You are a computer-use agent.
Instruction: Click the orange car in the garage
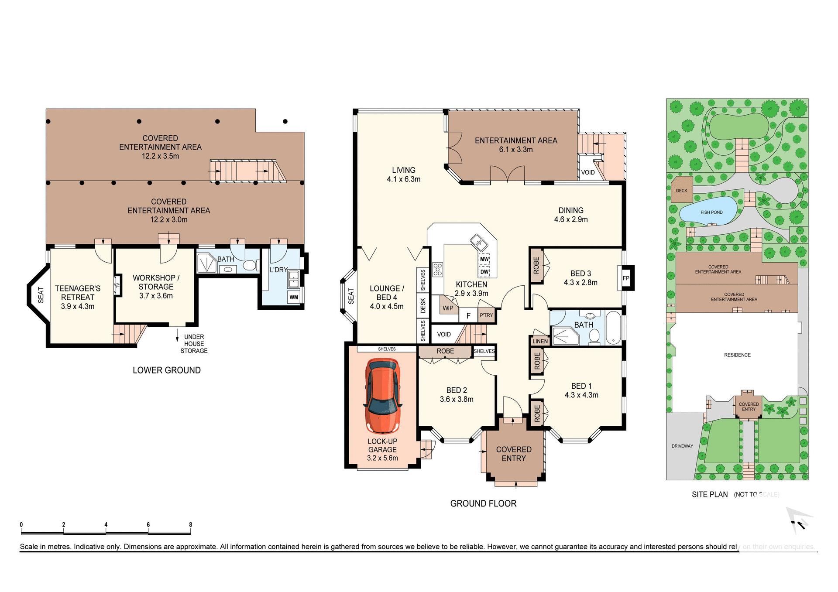383,396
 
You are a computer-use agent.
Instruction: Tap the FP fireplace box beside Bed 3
626,278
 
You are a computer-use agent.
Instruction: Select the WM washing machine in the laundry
294,298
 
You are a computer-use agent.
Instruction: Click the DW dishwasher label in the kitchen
484,272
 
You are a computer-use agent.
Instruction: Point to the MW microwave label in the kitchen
484,259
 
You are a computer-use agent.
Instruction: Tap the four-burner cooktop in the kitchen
437,270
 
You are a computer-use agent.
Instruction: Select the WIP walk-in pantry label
448,308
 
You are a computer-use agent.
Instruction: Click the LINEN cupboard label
540,342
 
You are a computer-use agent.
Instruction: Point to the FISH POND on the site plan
711,212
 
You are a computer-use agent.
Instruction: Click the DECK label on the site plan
681,191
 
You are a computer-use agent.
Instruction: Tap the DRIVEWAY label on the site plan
682,446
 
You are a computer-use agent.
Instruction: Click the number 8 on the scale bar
190,525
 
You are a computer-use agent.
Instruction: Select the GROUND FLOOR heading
483,503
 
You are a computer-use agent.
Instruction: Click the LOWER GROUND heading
167,370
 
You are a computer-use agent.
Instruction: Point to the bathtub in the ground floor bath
613,328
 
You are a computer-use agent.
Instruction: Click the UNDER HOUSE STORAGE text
194,344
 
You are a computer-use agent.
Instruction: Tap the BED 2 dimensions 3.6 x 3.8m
457,399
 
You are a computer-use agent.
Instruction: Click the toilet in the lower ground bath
250,265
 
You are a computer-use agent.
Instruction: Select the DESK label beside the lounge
422,305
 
